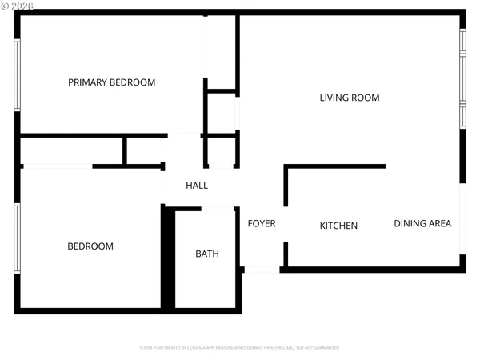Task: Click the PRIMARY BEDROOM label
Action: pos(111,82)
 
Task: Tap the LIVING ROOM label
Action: pos(349,98)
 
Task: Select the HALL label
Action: pos(197,186)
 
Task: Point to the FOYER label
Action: pos(261,223)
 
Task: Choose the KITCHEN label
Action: pos(338,226)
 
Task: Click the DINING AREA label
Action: pos(422,223)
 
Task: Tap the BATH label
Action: pos(207,254)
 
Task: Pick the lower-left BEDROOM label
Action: pos(90,246)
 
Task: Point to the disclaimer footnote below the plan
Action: pos(239,348)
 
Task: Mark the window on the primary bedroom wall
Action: pos(17,75)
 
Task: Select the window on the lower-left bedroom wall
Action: pos(17,238)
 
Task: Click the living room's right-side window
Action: pos(462,78)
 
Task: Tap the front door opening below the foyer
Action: pos(262,270)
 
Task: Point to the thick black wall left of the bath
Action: pos(168,258)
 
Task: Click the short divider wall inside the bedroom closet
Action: pos(125,150)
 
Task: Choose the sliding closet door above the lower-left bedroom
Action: pos(58,166)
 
